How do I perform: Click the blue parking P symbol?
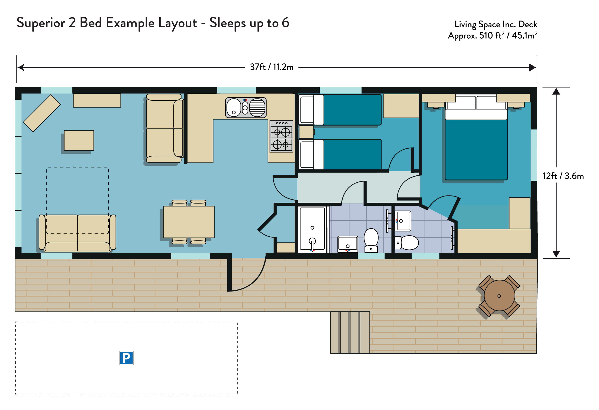[x=126, y=358]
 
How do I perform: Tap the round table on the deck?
[x=499, y=295]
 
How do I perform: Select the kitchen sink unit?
[x=246, y=108]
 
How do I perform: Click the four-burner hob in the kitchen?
[x=281, y=136]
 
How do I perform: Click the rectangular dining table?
[x=189, y=222]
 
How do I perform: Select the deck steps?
[x=350, y=332]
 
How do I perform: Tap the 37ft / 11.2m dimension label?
[x=272, y=67]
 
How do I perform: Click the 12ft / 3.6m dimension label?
[x=563, y=176]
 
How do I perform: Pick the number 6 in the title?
[x=285, y=23]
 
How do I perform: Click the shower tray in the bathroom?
[x=312, y=229]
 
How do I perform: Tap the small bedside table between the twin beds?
[x=306, y=132]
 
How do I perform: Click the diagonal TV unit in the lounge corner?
[x=42, y=113]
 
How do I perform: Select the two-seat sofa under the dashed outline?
[x=77, y=233]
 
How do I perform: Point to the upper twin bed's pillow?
[x=319, y=110]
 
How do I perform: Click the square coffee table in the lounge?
[x=79, y=141]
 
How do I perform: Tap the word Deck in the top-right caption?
[x=528, y=24]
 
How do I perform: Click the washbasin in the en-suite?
[x=403, y=221]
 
